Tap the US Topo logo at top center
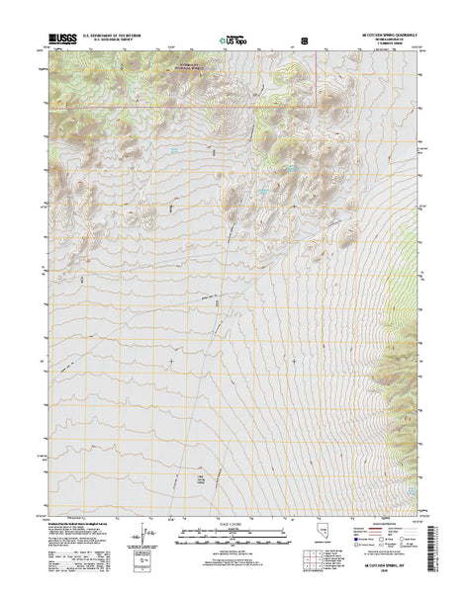click(x=233, y=42)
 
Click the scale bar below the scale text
click(x=233, y=539)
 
